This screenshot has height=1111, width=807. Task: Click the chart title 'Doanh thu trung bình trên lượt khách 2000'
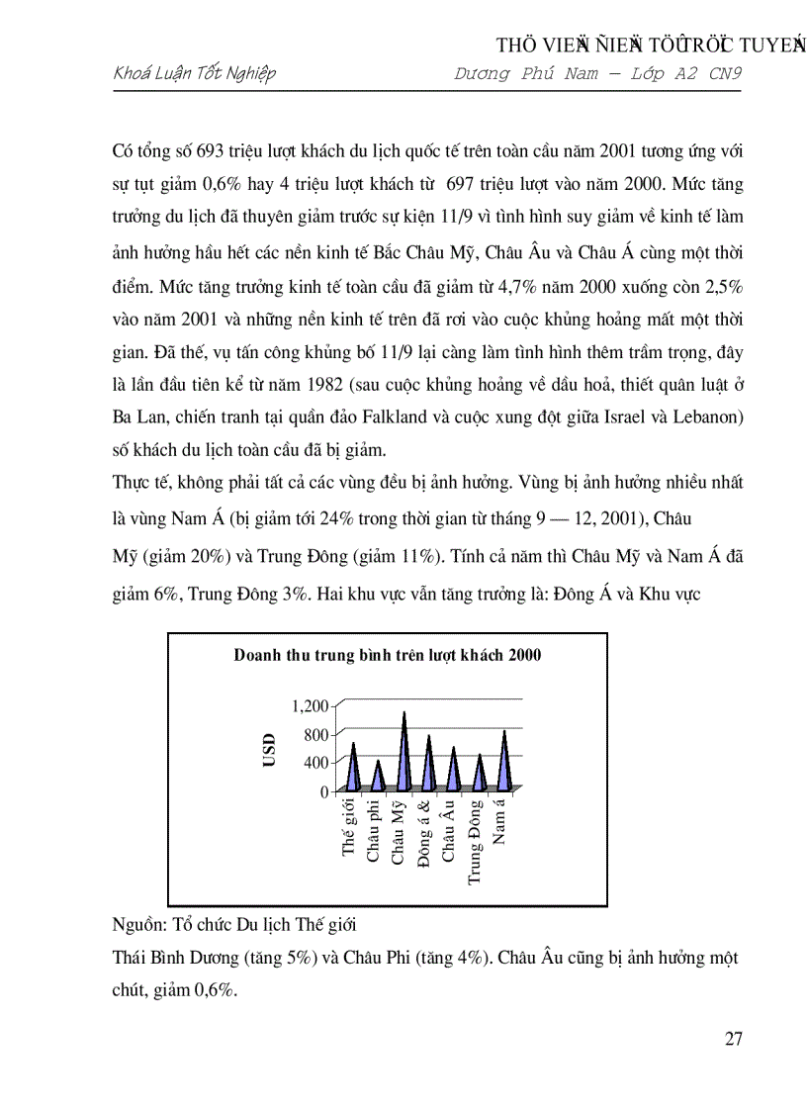(x=387, y=655)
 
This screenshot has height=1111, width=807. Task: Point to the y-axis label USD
(x=269, y=750)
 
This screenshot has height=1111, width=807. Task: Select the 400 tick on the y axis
(x=315, y=763)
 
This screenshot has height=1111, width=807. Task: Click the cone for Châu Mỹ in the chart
(x=403, y=752)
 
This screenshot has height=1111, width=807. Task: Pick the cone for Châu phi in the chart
(x=378, y=776)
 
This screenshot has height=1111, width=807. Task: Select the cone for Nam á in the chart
(x=505, y=760)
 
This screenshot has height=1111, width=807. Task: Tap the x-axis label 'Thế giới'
(x=348, y=831)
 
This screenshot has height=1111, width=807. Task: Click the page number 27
(x=733, y=1038)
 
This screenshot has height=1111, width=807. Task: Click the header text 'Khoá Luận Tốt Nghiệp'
(x=195, y=73)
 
